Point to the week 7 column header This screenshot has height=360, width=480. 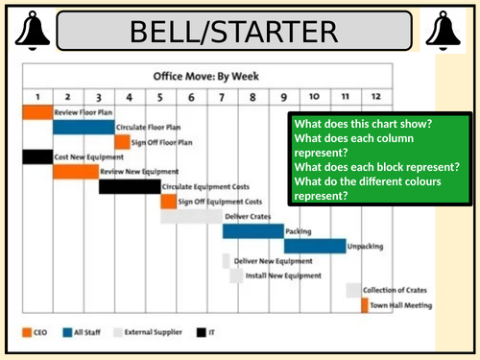point(222,97)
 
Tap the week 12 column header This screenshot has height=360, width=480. point(375,97)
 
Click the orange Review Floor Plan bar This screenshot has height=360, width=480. point(36,112)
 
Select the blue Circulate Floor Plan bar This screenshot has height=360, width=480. point(83,127)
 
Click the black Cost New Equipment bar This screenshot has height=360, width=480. point(36,156)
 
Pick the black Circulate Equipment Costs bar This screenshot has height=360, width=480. point(129,186)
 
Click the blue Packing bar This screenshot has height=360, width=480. point(252,231)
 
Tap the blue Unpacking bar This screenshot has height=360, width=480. point(313,246)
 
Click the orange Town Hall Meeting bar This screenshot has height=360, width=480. point(364,305)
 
